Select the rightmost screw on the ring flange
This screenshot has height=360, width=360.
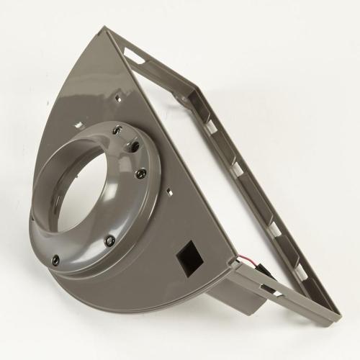coord(141,173)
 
